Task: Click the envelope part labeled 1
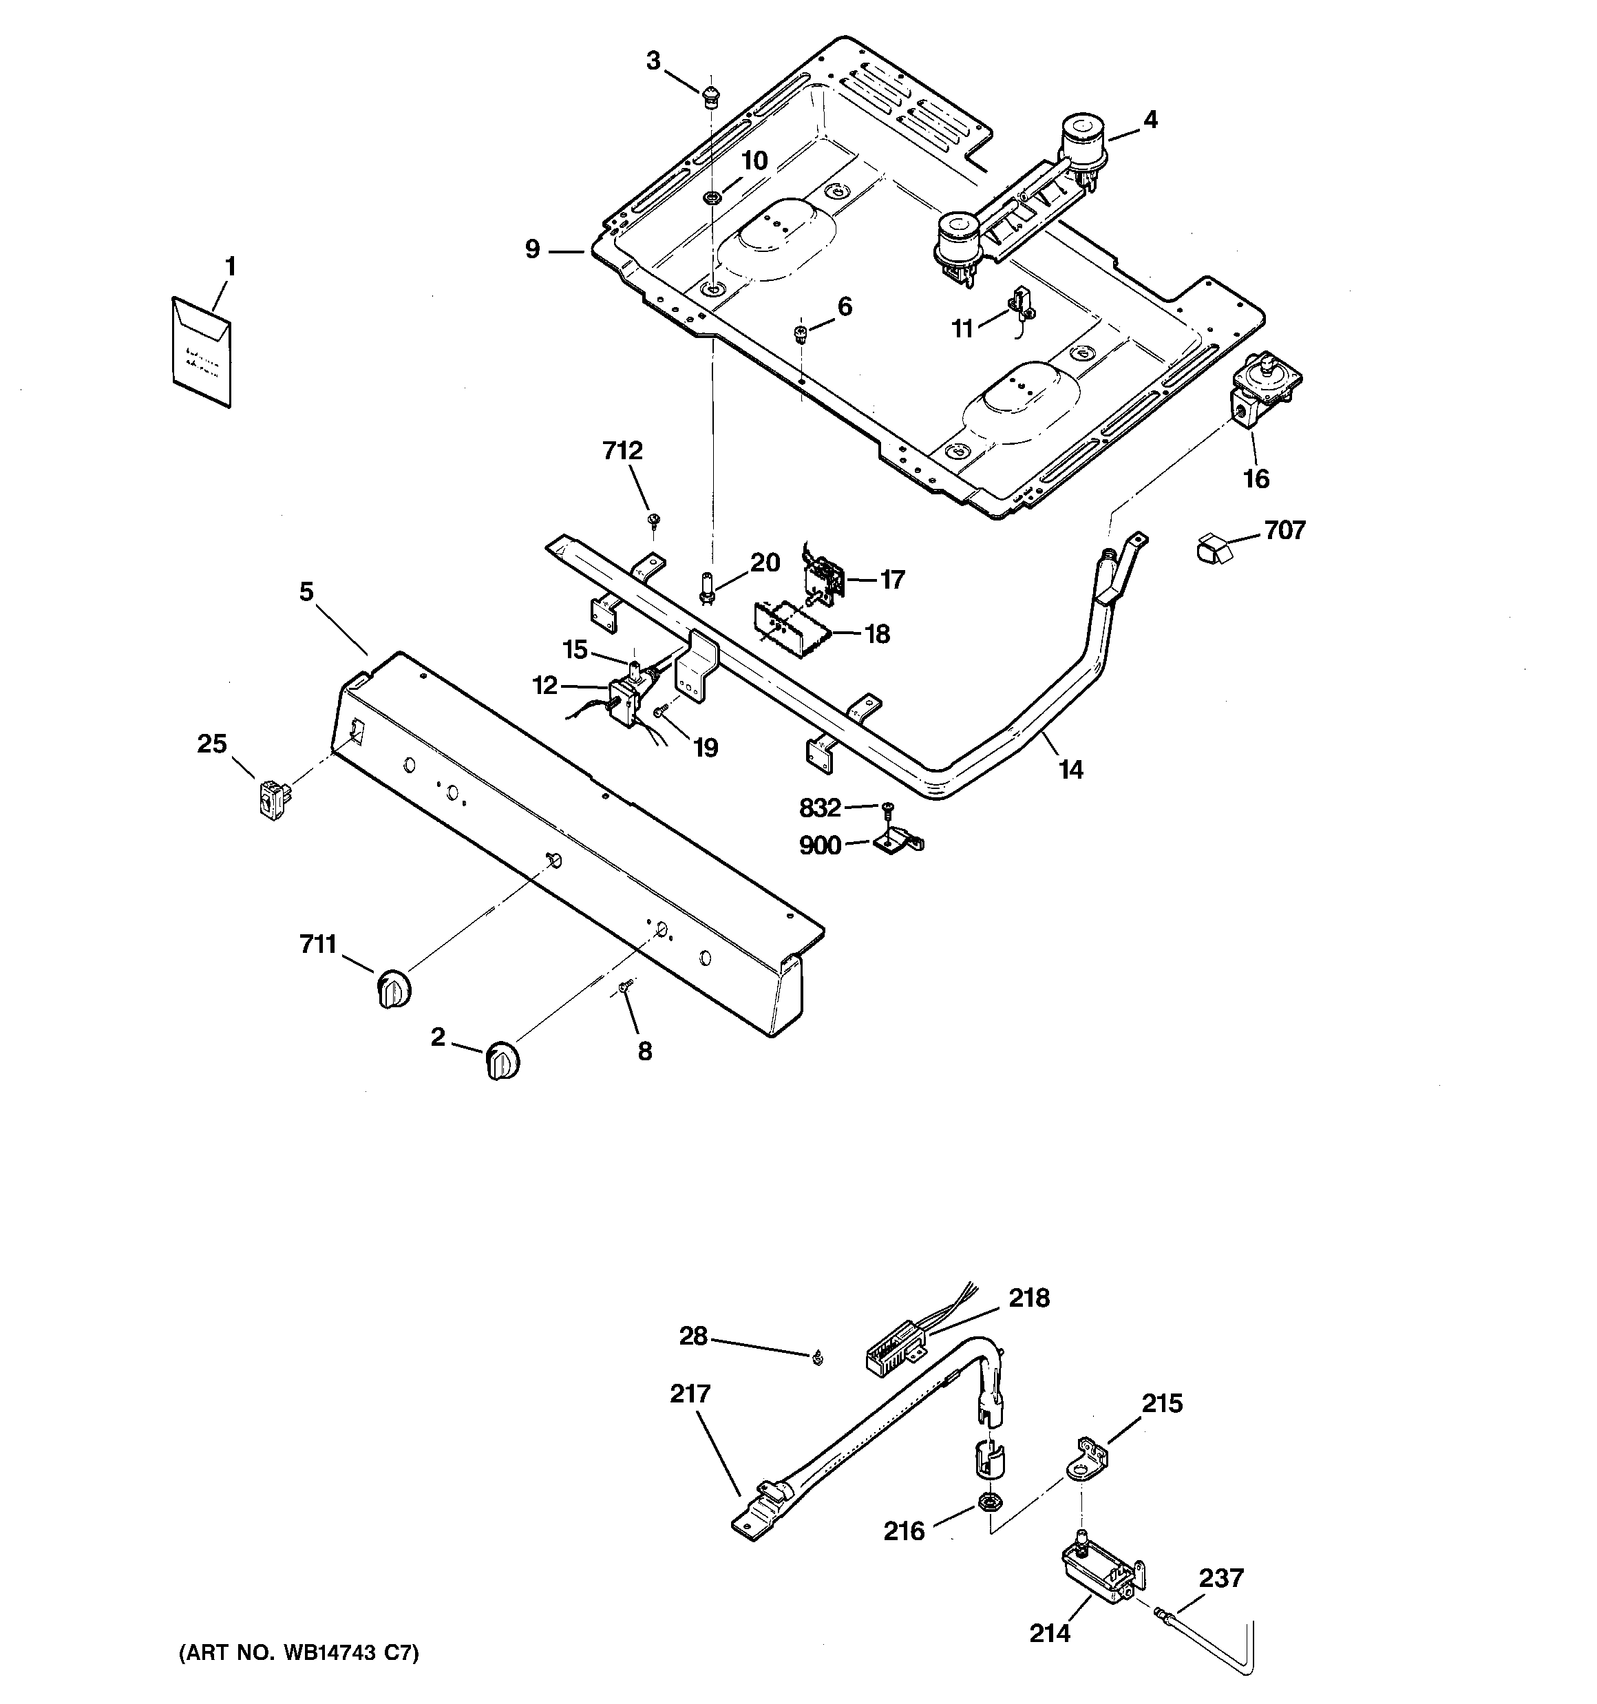point(200,351)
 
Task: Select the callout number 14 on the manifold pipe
point(1070,769)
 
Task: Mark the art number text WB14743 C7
point(298,1652)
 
